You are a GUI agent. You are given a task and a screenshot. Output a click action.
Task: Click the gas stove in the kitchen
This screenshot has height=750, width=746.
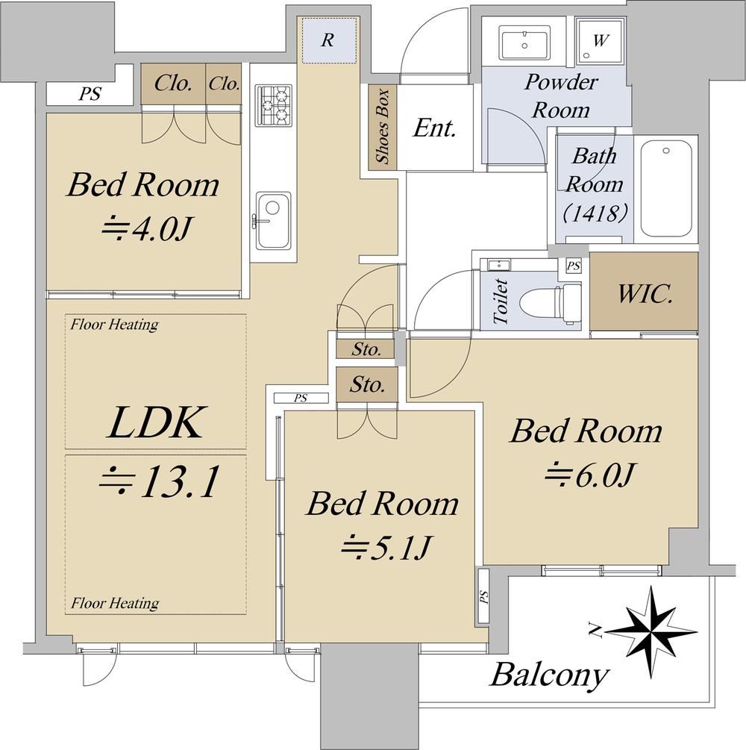click(274, 106)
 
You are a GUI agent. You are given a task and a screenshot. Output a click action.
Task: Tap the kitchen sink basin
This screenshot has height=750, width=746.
click(273, 220)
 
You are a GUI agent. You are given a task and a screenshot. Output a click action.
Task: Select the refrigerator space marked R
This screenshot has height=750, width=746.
click(328, 40)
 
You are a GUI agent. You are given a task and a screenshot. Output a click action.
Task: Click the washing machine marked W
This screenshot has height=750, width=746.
click(600, 41)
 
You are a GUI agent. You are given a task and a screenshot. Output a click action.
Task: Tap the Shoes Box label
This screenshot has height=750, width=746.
click(383, 126)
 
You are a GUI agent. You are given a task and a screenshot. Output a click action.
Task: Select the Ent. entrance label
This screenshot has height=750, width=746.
click(434, 128)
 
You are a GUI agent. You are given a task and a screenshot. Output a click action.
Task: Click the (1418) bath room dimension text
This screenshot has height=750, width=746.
click(595, 213)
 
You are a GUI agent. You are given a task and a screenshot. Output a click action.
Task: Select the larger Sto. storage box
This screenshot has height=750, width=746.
click(367, 384)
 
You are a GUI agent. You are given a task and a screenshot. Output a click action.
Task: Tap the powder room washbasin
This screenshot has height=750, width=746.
click(524, 42)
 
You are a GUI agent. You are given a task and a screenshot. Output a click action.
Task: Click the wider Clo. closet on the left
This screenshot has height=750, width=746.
click(173, 84)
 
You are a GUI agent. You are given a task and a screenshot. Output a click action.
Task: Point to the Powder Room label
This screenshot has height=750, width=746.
click(561, 96)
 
